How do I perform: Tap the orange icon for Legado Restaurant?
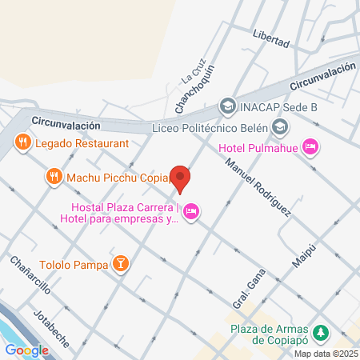[x=22, y=142]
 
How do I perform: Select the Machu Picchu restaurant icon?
[x=54, y=175]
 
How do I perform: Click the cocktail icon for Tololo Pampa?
[x=120, y=264]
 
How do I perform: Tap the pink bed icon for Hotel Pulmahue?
[x=311, y=146]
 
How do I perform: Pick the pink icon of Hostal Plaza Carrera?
[x=190, y=211]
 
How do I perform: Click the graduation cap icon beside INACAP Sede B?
[x=227, y=106]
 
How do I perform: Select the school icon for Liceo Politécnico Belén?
[x=280, y=126]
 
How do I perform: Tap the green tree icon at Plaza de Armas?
[x=321, y=331]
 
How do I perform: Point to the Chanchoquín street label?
[x=194, y=89]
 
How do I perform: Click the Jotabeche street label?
[x=52, y=326]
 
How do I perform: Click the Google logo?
[x=26, y=350]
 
